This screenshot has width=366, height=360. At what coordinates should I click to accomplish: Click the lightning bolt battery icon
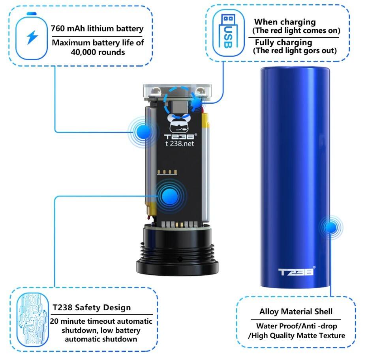[x=32, y=37]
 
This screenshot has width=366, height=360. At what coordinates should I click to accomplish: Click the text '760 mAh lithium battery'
[x=97, y=29]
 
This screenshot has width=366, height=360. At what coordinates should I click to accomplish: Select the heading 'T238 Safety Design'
[x=92, y=307]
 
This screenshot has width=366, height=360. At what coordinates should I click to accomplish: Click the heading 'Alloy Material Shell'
[x=296, y=312]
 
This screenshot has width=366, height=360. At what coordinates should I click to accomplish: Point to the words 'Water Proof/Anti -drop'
[x=297, y=326]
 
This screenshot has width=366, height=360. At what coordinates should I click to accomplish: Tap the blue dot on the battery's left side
[x=144, y=131]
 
